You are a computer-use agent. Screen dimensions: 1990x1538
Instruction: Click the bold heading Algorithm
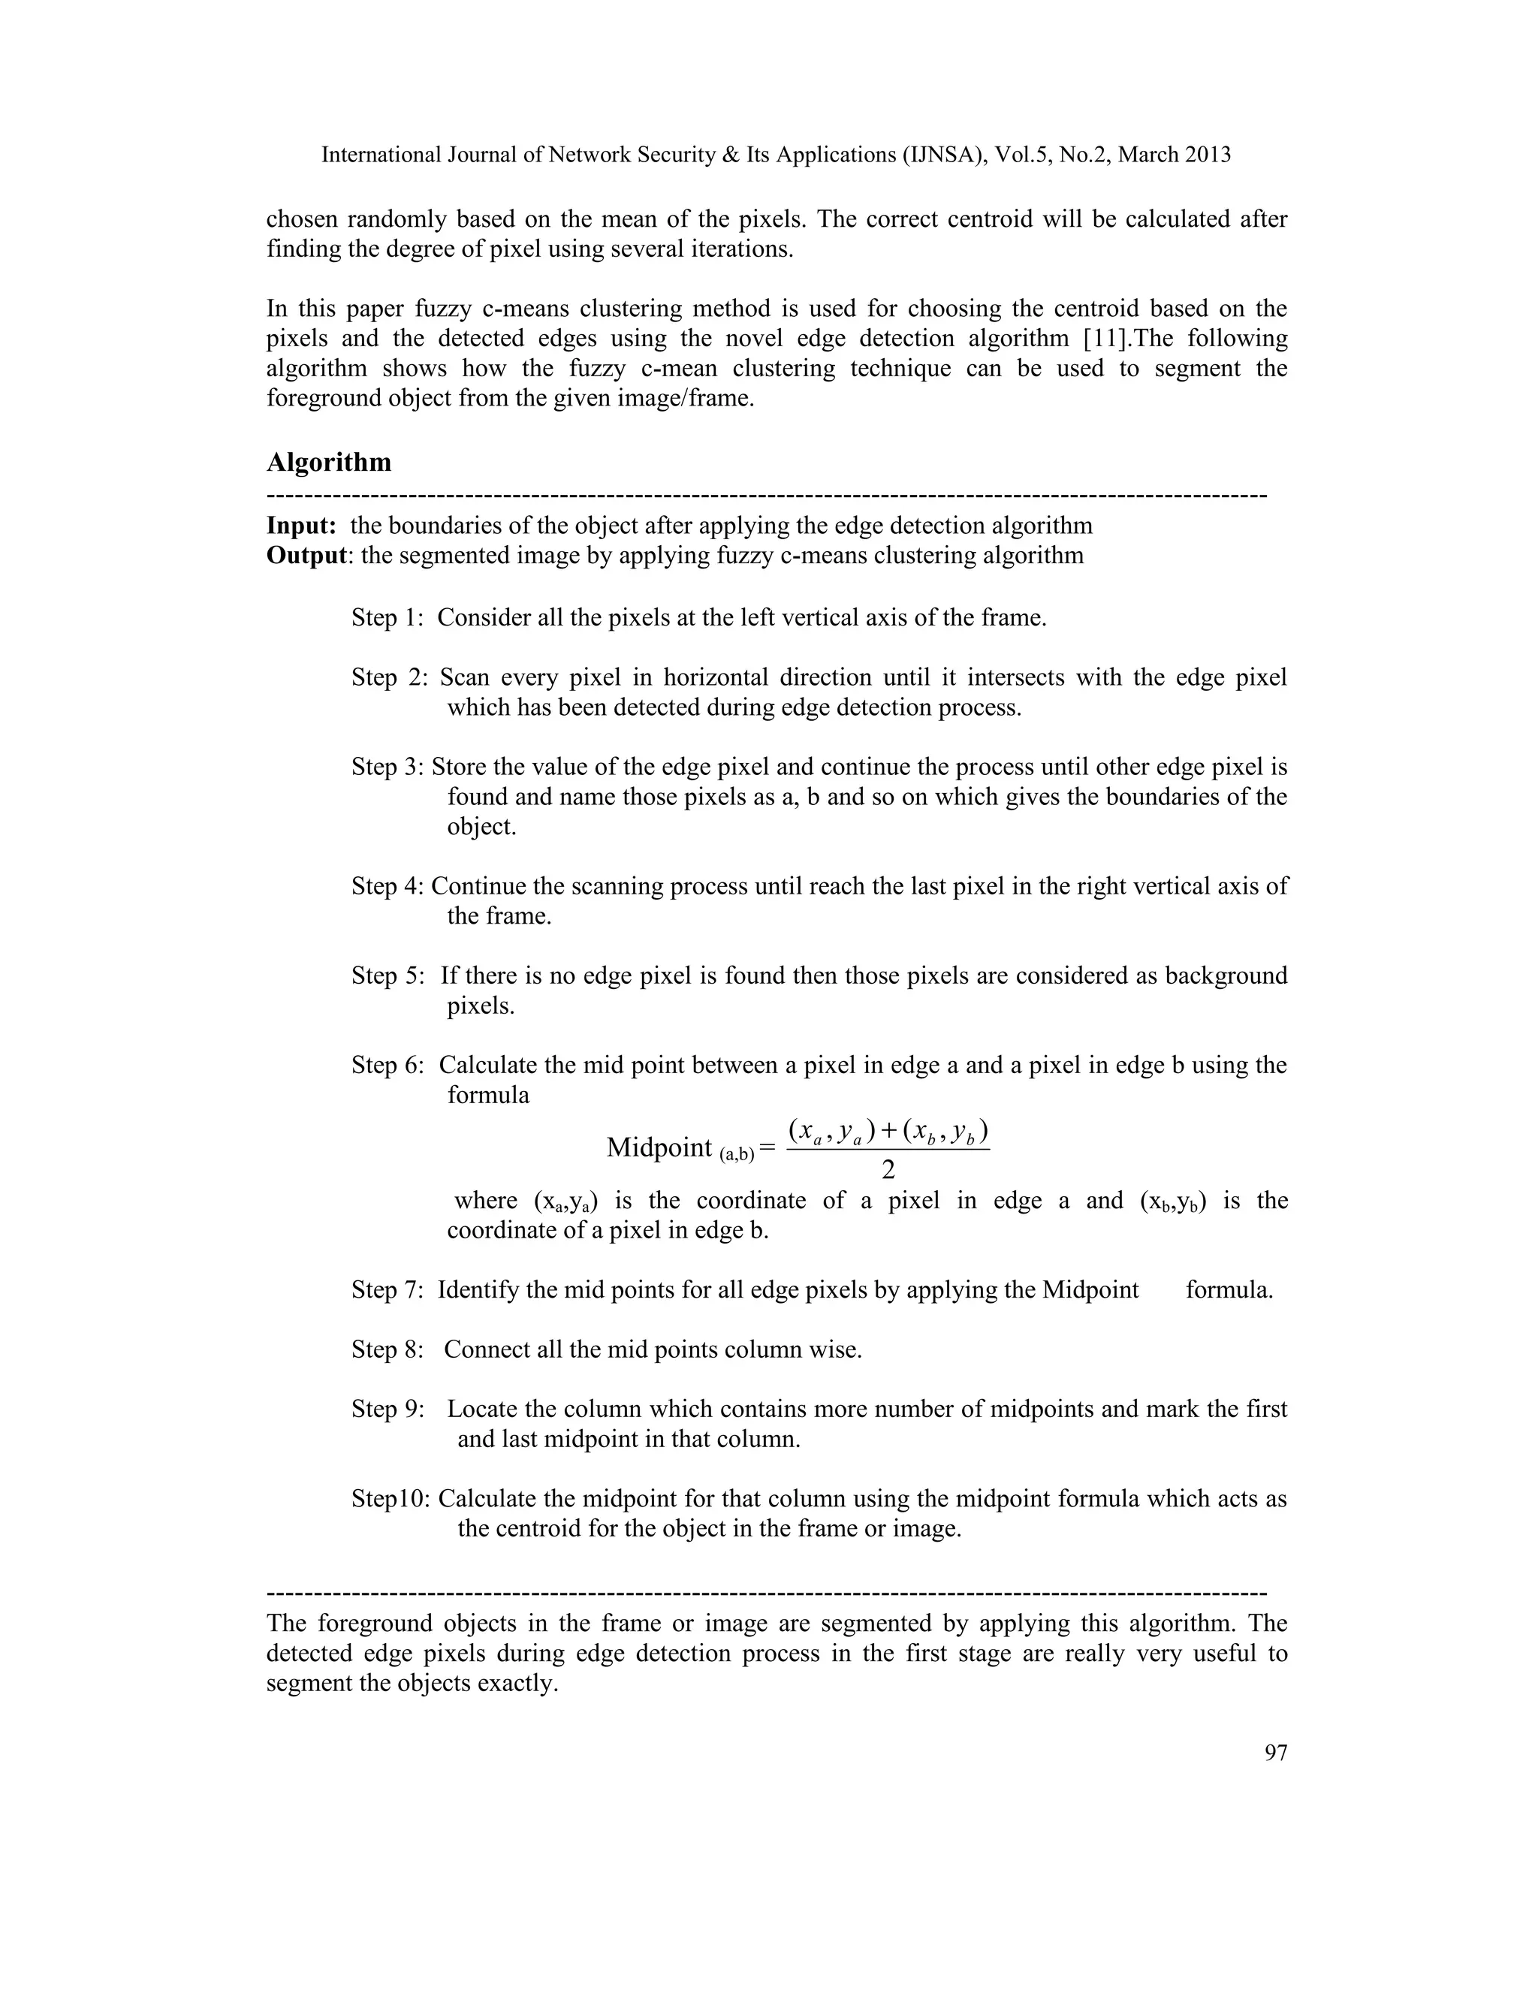(328, 463)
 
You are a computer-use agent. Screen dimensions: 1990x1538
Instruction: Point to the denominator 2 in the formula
(888, 1169)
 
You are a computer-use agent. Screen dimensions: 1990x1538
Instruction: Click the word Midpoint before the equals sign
(659, 1148)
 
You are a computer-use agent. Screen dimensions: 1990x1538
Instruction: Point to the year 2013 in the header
(1208, 155)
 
